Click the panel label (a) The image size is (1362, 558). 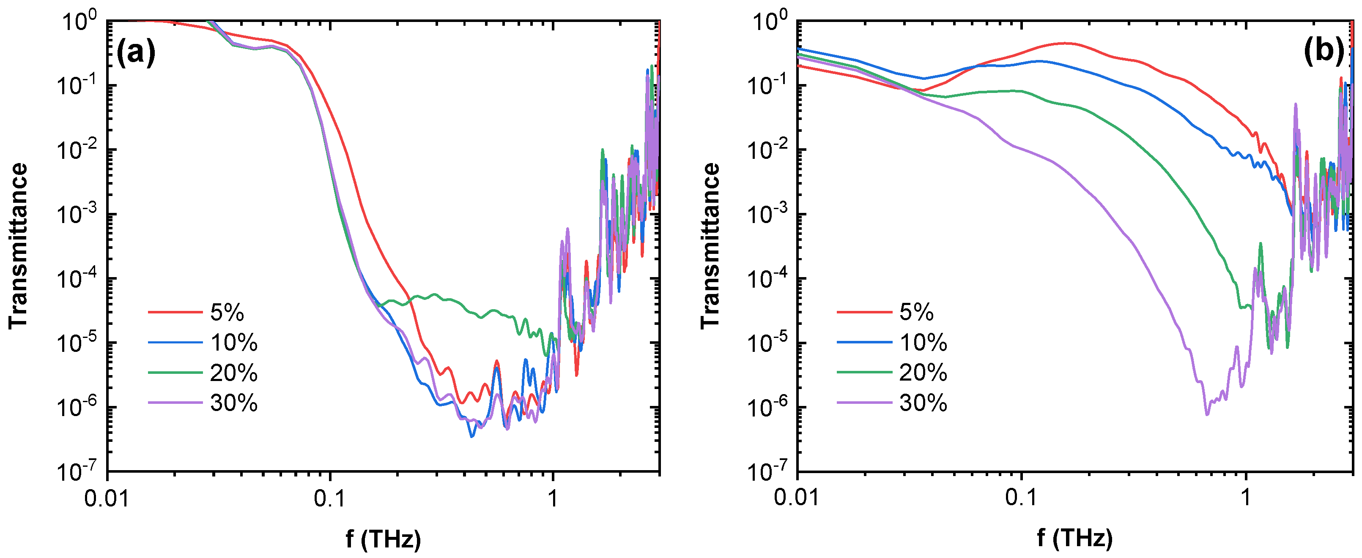point(136,52)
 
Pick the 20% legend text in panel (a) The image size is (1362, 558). point(234,373)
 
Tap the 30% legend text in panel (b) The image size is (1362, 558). point(923,403)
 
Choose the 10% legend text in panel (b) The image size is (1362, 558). point(923,343)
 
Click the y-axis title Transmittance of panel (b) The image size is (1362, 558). point(710,246)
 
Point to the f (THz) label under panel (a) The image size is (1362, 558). point(384,539)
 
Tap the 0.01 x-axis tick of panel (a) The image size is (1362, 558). point(107,498)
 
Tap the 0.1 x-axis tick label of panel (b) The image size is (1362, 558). point(1022,498)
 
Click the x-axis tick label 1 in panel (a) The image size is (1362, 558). point(553,498)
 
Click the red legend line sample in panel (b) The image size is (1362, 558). point(864,312)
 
